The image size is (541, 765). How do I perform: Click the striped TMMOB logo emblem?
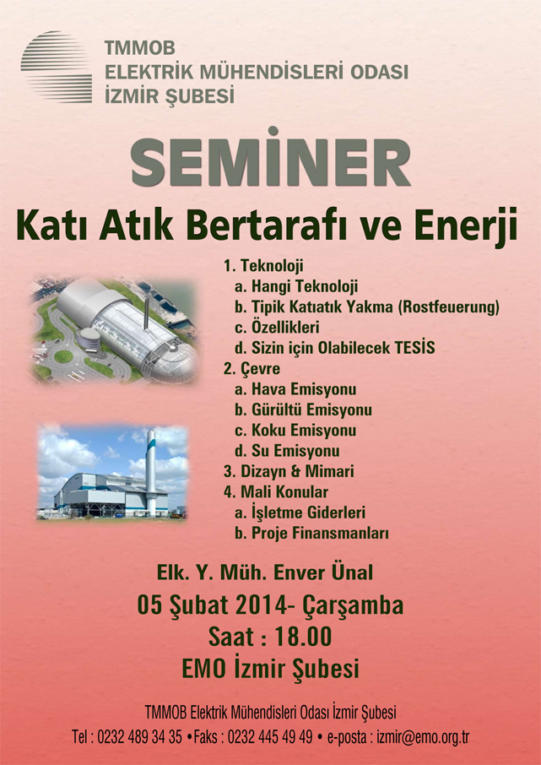(x=56, y=67)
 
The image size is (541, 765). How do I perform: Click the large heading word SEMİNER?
(x=271, y=158)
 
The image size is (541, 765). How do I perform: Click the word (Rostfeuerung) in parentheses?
(x=449, y=307)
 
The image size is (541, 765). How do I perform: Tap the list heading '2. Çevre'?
(x=252, y=369)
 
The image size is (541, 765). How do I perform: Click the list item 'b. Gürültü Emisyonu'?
(x=303, y=410)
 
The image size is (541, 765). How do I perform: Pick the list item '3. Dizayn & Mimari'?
(x=289, y=471)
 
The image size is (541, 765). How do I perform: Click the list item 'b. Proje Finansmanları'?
(x=311, y=534)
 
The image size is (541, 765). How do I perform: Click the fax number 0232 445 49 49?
(x=270, y=736)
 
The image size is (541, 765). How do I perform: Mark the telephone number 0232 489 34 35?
(x=139, y=736)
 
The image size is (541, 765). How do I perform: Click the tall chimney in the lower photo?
(x=151, y=471)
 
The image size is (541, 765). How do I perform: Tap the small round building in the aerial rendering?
(x=89, y=337)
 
